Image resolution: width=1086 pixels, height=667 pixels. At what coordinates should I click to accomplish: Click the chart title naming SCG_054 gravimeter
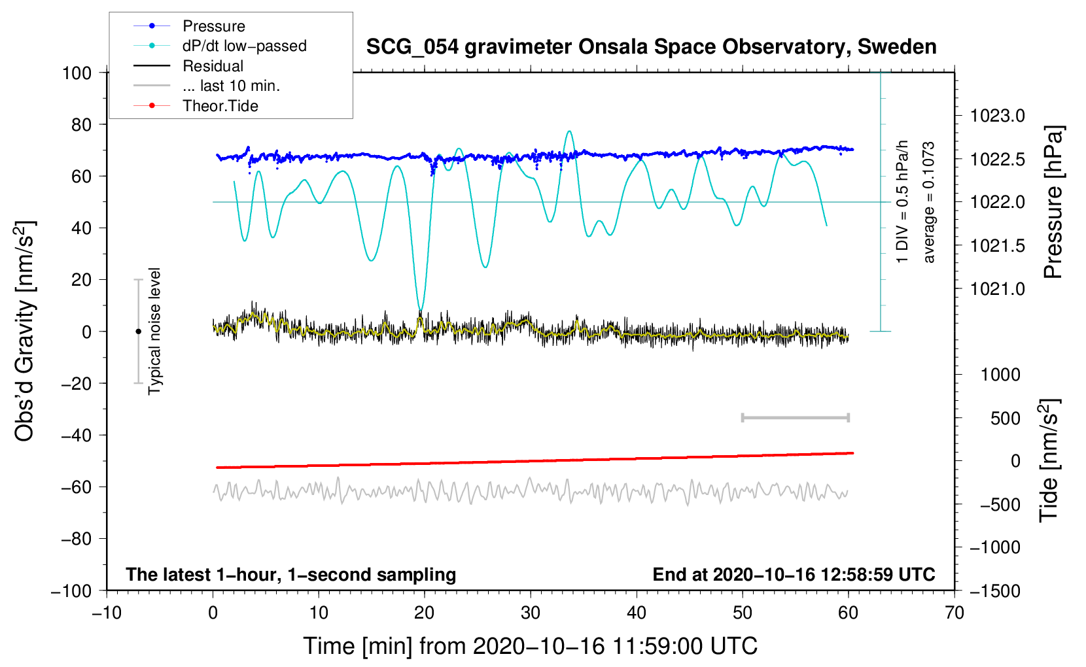[651, 47]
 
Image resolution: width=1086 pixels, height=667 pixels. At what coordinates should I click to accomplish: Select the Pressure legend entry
[213, 26]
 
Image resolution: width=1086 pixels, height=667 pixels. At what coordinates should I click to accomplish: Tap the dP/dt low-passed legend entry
[244, 46]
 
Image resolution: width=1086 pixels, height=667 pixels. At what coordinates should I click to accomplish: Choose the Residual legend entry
[213, 66]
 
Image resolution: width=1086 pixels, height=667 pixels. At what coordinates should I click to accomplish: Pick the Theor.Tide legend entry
[220, 106]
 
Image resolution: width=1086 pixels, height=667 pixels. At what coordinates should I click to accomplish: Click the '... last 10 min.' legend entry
[231, 86]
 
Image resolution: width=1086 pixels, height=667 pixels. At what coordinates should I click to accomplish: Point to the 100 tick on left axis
[77, 73]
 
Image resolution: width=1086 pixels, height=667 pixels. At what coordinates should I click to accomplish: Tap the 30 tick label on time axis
[531, 613]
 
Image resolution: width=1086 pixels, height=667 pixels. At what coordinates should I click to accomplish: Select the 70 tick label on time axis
[955, 613]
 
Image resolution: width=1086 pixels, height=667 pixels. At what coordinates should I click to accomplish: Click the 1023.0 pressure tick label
[997, 116]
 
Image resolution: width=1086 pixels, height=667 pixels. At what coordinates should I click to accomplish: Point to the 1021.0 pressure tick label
[997, 288]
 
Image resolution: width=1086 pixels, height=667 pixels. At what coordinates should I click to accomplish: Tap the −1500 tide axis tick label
[995, 590]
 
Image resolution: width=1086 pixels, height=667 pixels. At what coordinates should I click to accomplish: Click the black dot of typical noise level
[138, 332]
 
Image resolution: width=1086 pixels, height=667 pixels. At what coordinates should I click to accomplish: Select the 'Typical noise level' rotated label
[154, 331]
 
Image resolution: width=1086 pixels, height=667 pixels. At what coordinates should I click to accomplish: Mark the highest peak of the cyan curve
[570, 131]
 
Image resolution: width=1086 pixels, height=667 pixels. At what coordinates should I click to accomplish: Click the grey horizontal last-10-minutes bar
[795, 417]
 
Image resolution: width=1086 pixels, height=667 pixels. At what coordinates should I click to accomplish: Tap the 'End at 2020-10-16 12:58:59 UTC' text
[794, 574]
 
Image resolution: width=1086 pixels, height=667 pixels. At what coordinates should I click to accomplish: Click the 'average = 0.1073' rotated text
[929, 202]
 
